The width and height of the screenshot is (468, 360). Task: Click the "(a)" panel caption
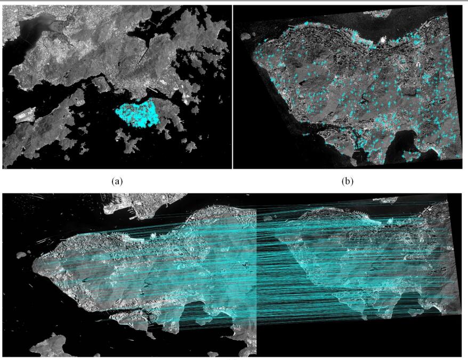(117, 181)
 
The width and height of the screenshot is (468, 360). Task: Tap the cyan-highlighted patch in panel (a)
(138, 112)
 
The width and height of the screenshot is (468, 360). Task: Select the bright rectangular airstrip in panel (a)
(25, 114)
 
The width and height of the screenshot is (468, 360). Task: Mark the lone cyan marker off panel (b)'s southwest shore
(305, 134)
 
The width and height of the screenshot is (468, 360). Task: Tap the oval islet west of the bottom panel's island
(21, 255)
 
